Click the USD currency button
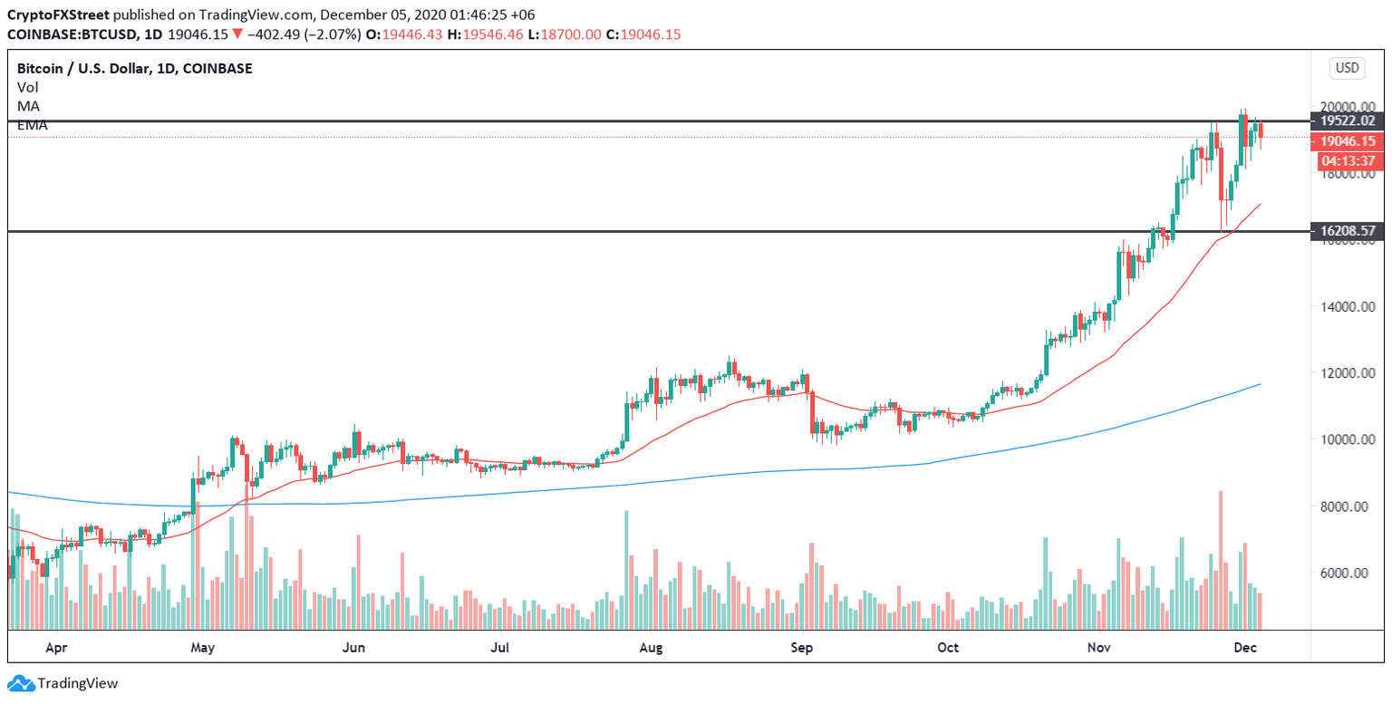tap(1347, 68)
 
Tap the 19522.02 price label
tap(1348, 121)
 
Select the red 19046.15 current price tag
tap(1348, 141)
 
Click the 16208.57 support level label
tap(1348, 232)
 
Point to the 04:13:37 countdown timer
tap(1348, 161)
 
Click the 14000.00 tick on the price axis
tap(1346, 307)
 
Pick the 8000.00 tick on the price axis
tap(1346, 506)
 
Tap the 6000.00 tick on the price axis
tap(1346, 574)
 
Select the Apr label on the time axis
tap(56, 649)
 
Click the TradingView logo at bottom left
tap(63, 684)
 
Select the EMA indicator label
tap(32, 125)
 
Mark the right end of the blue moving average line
tap(1261, 384)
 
